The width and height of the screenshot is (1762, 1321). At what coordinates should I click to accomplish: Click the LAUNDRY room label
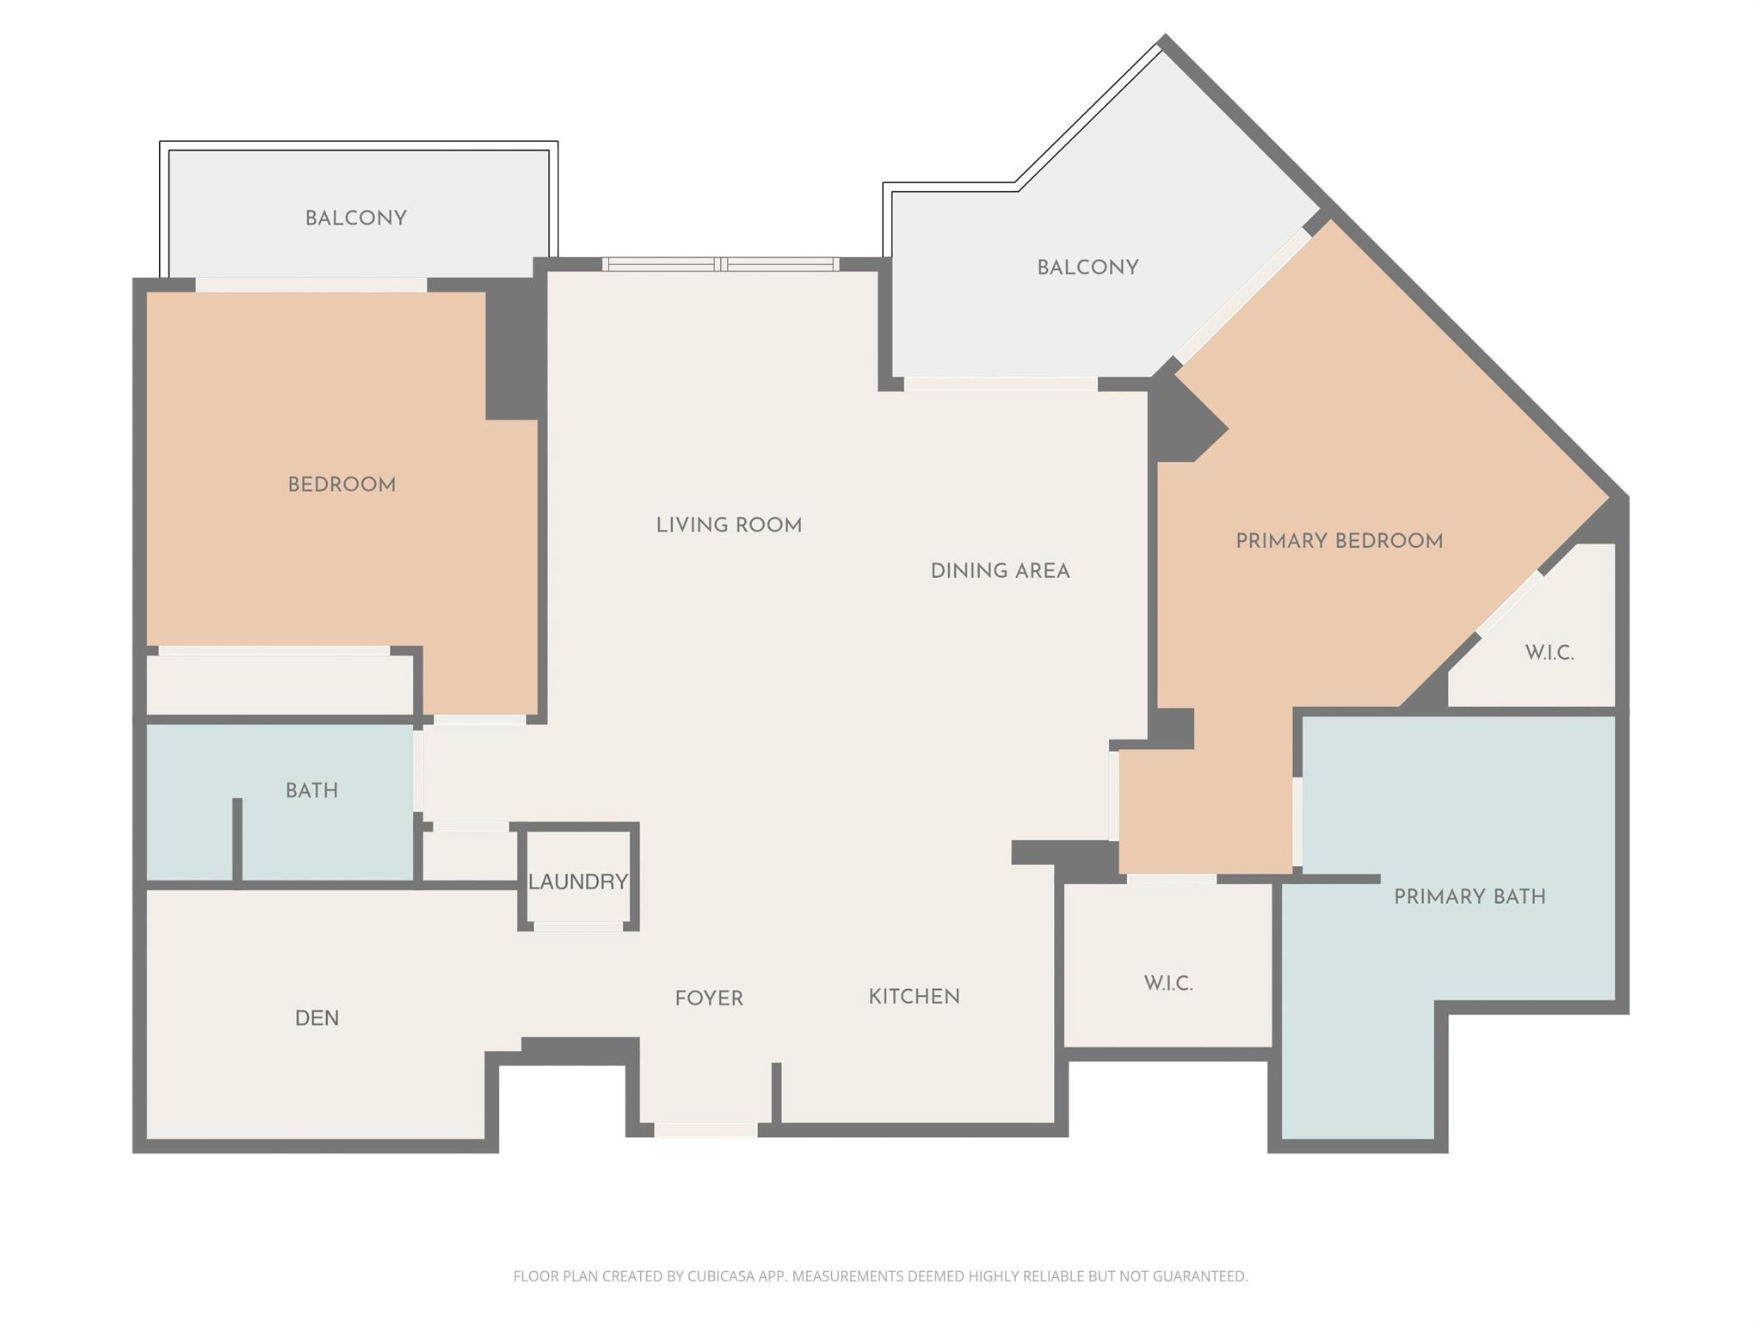click(577, 882)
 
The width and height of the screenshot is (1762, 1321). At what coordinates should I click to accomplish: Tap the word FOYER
click(708, 998)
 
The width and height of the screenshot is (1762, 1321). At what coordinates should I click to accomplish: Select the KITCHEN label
click(914, 997)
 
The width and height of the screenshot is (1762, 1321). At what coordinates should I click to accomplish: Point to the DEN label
click(317, 1018)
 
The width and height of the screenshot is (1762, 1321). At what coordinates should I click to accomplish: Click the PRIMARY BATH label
click(1469, 897)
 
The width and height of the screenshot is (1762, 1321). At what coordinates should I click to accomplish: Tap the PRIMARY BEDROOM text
click(1339, 542)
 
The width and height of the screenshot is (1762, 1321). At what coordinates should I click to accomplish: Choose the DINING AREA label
click(1000, 571)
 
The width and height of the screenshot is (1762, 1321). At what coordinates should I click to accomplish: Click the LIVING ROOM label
click(729, 525)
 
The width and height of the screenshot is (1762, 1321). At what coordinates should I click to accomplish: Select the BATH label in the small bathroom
click(311, 790)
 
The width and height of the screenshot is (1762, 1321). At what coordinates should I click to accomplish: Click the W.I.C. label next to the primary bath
click(1167, 984)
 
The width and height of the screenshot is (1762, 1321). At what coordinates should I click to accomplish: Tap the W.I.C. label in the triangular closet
click(1549, 653)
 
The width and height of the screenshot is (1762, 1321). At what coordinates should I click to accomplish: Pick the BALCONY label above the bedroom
click(355, 218)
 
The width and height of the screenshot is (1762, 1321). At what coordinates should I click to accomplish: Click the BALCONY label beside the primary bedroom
click(1087, 267)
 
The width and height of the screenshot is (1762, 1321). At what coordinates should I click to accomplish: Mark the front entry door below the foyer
click(705, 1130)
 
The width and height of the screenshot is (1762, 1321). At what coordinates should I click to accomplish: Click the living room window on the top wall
click(720, 264)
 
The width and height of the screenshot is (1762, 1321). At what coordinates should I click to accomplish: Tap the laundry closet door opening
click(578, 926)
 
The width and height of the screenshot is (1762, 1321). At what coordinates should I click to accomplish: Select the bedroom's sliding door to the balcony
click(311, 285)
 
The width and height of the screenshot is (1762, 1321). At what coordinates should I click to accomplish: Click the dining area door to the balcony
click(1000, 384)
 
